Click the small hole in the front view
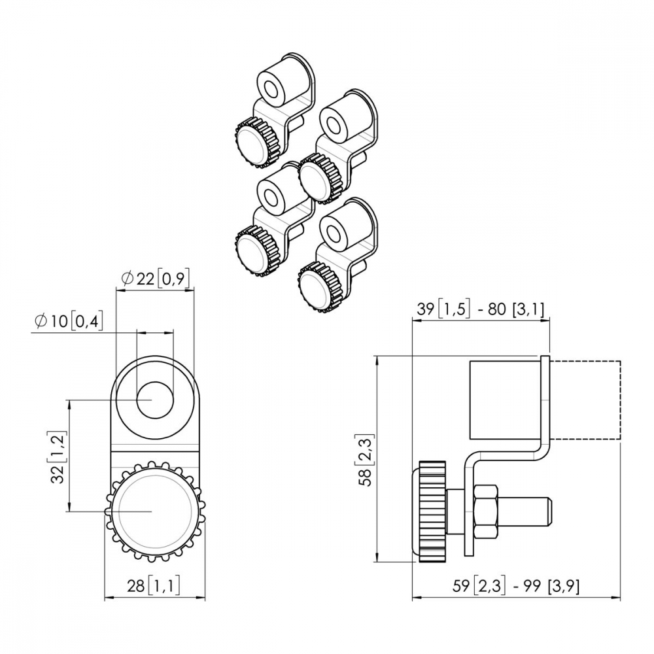155,400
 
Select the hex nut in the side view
485,511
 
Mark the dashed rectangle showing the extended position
585,400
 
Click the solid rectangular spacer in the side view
506,400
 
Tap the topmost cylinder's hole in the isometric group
272,90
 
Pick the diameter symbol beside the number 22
128,278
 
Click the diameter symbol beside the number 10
41,321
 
